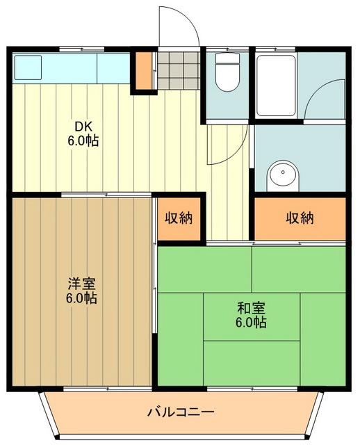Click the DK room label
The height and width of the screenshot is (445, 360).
(x=83, y=127)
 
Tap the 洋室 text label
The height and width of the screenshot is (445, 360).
(x=82, y=284)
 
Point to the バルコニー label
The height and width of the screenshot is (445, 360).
(x=180, y=412)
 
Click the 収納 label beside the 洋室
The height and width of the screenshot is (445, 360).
(x=179, y=218)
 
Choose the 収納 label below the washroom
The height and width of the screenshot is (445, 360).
(x=300, y=218)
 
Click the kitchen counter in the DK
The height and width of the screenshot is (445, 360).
(x=69, y=68)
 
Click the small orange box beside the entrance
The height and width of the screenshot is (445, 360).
(x=142, y=70)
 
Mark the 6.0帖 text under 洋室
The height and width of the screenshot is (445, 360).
(x=82, y=299)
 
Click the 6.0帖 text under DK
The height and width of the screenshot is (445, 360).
(x=83, y=140)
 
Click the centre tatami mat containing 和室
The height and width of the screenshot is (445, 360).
(x=251, y=316)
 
